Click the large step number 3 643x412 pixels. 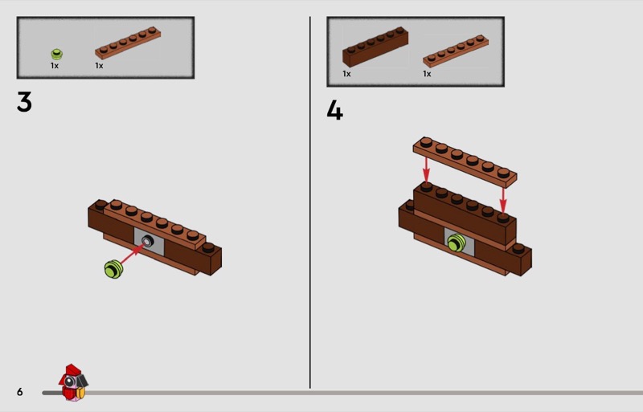point(24,102)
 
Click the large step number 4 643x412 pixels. point(334,110)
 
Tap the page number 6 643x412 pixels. point(19,392)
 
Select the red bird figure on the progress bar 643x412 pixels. point(73,382)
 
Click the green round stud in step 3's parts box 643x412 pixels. point(56,54)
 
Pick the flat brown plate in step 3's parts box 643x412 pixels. point(128,43)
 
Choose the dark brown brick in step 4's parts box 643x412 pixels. point(375,47)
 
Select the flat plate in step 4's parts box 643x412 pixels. point(456,51)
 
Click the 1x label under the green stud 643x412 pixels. point(55,66)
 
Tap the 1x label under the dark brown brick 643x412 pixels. point(346,74)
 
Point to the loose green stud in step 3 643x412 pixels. point(113,269)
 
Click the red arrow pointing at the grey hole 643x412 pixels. point(132,254)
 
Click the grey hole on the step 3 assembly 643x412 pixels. point(147,241)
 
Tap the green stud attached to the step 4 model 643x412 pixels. point(456,243)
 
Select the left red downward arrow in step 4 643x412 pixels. point(427,170)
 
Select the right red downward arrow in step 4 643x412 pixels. point(503,201)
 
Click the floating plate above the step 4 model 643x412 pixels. point(465,162)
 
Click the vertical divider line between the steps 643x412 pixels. point(310,202)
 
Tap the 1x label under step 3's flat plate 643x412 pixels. point(99,66)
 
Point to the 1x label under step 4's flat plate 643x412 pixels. point(427,74)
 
